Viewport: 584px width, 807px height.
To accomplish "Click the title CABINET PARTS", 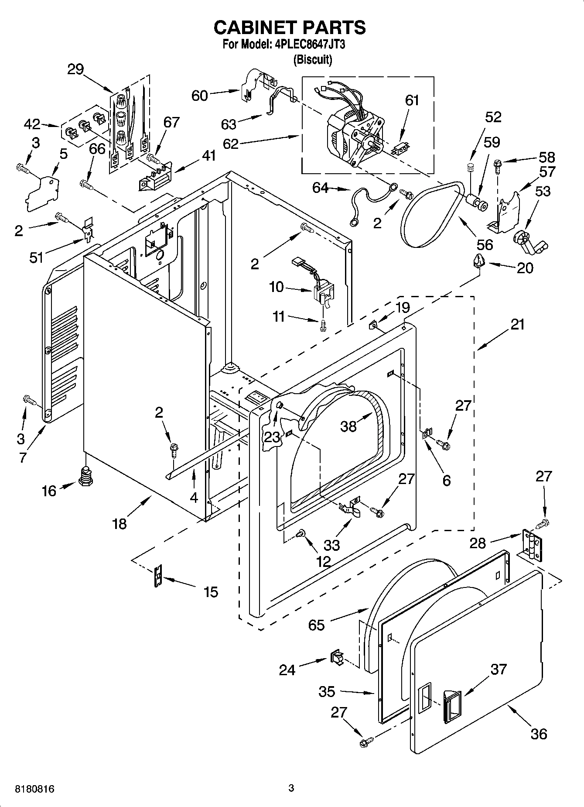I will pos(290,27).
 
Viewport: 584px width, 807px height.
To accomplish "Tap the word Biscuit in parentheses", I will pos(312,60).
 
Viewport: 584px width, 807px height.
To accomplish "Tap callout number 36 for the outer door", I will pos(539,733).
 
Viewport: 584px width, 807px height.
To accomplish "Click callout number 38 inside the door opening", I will pos(348,426).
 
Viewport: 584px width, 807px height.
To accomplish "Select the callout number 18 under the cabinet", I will pos(120,523).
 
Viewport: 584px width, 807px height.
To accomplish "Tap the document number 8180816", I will pos(29,789).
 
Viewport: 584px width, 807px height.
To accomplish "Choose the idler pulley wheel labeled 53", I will pos(528,243).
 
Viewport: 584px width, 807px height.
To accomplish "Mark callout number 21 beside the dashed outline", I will pos(517,325).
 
